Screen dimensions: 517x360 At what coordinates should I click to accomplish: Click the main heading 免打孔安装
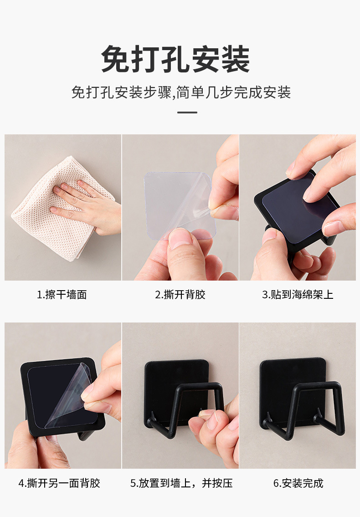175,59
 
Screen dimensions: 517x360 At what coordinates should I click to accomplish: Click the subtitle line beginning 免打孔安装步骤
181,92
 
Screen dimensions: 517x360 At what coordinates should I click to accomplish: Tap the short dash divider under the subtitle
187,112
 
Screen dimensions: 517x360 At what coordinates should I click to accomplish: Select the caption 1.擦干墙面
62,295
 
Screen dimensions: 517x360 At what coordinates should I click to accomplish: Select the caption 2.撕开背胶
180,295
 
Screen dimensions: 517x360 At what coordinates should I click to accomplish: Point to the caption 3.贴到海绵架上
298,295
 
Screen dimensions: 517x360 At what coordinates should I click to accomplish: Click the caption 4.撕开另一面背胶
59,483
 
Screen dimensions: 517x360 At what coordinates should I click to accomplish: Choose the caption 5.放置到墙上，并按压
181,483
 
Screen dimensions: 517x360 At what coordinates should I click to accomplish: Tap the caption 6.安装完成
298,483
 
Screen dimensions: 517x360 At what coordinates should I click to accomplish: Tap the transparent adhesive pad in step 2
173,196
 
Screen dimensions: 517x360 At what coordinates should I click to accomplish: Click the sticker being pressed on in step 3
292,210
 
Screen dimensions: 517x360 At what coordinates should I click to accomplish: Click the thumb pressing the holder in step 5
207,419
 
